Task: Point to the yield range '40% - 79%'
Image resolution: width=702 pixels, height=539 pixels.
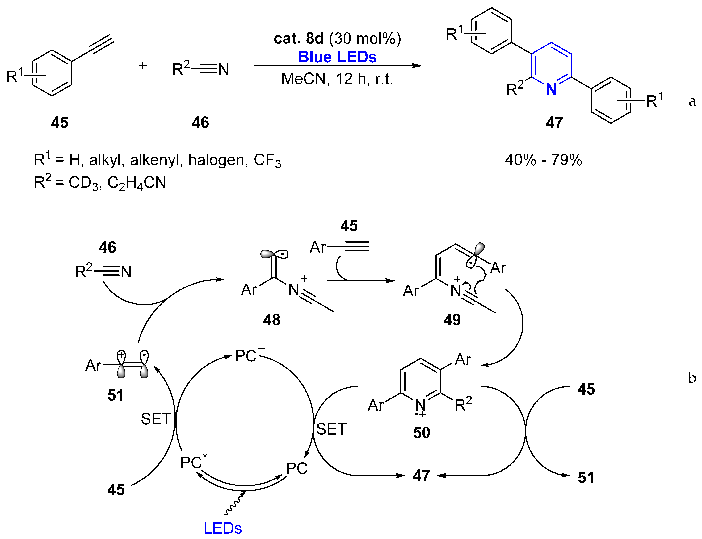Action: click(x=543, y=160)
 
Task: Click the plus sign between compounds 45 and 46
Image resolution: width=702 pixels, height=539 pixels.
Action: click(x=143, y=66)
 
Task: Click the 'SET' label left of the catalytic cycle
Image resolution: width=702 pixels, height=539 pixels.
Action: click(x=156, y=419)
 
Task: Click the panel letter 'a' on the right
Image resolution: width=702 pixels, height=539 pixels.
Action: click(x=692, y=101)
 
